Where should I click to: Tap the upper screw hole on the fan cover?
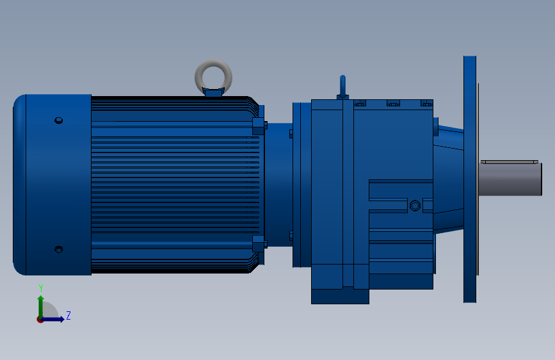[59, 120]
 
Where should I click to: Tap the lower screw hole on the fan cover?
[59, 249]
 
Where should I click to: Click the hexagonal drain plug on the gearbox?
[415, 206]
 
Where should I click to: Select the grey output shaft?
[510, 179]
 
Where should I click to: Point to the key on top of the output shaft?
[510, 162]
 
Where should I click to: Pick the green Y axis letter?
[41, 288]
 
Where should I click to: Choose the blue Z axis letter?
[68, 315]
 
